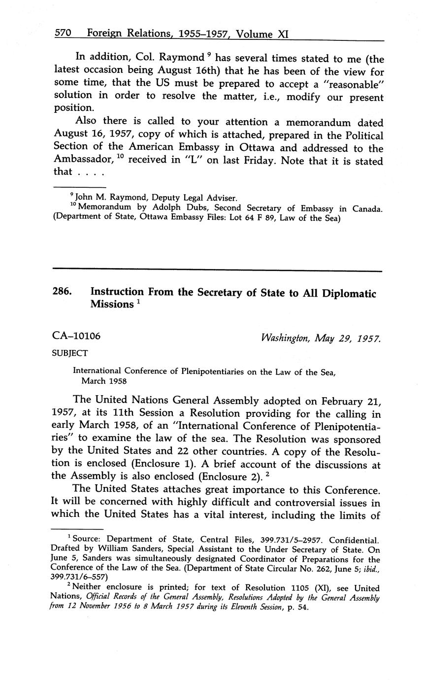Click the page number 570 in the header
click(63, 33)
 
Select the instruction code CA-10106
click(76, 336)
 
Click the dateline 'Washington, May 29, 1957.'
click(322, 338)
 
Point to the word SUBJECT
click(70, 353)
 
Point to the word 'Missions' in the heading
click(112, 305)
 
